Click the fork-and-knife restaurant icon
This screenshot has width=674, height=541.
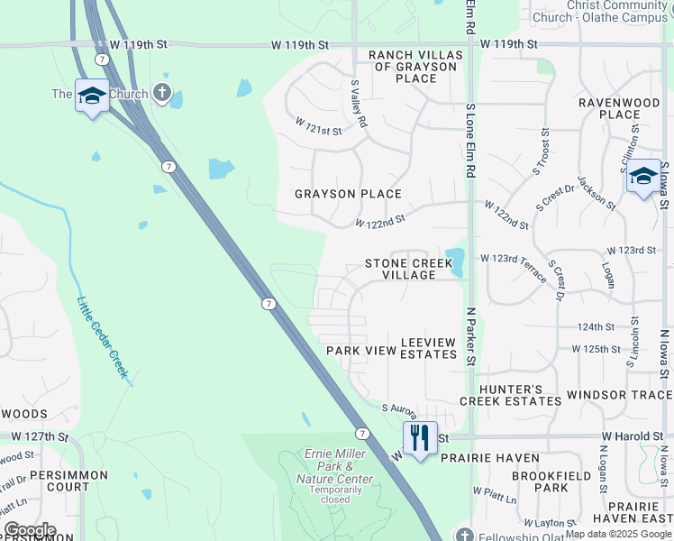coord(420,439)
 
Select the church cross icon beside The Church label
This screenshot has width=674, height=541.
coord(162,92)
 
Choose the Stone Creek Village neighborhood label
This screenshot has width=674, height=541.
coord(408,269)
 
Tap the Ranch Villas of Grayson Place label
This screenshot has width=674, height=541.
coord(415,67)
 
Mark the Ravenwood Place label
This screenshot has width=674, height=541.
coord(620,108)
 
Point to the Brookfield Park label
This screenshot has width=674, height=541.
coord(539,481)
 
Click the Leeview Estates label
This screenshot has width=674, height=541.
coord(428,349)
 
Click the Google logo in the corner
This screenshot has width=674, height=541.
coord(29,530)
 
